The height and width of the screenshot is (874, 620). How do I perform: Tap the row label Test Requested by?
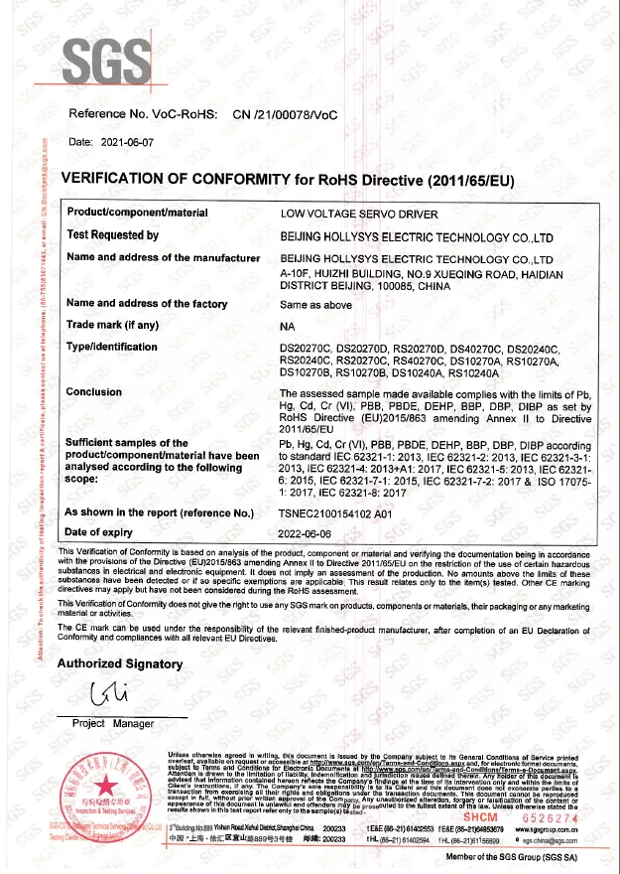click(x=112, y=235)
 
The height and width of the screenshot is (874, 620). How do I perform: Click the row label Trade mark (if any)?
click(x=112, y=325)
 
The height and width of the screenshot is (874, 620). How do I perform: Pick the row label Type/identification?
click(x=111, y=347)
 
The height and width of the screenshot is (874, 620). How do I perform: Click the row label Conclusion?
click(x=94, y=391)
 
